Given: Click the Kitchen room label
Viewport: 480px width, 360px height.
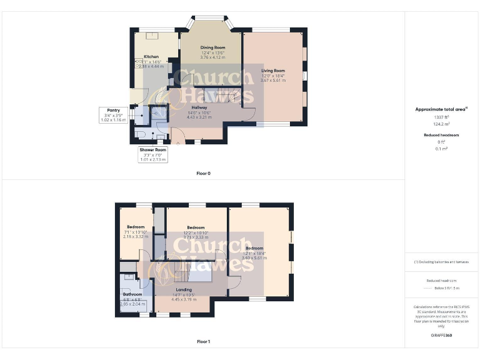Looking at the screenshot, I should pyautogui.click(x=152, y=56).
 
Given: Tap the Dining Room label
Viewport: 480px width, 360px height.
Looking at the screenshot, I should pyautogui.click(x=212, y=47).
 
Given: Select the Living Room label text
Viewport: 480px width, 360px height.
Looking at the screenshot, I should pyautogui.click(x=273, y=71).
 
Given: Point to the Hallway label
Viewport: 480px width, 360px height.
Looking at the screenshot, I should pyautogui.click(x=199, y=107).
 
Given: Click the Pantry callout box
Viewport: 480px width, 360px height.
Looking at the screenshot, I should pyautogui.click(x=113, y=114).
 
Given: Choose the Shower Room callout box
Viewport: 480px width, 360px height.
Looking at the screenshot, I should pyautogui.click(x=152, y=155).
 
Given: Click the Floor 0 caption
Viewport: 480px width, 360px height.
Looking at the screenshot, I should pyautogui.click(x=204, y=173).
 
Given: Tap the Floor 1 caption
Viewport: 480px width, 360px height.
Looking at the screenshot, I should pyautogui.click(x=204, y=342).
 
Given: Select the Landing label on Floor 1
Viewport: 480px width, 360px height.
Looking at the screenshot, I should pyautogui.click(x=184, y=290).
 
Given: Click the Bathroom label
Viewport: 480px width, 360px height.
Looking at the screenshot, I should pyautogui.click(x=132, y=294).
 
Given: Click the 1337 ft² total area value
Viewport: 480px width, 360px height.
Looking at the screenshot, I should pyautogui.click(x=441, y=117).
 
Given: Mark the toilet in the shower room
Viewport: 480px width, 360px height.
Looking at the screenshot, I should pyautogui.click(x=141, y=134).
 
